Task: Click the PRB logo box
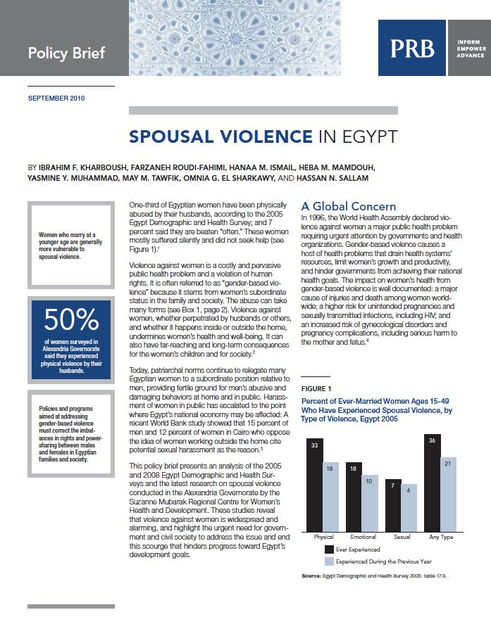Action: [412, 48]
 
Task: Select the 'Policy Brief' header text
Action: [66, 53]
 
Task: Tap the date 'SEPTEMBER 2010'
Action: [56, 98]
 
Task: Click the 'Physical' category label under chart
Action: [324, 537]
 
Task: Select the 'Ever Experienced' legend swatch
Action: [329, 549]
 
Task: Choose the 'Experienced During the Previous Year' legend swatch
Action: [329, 561]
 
